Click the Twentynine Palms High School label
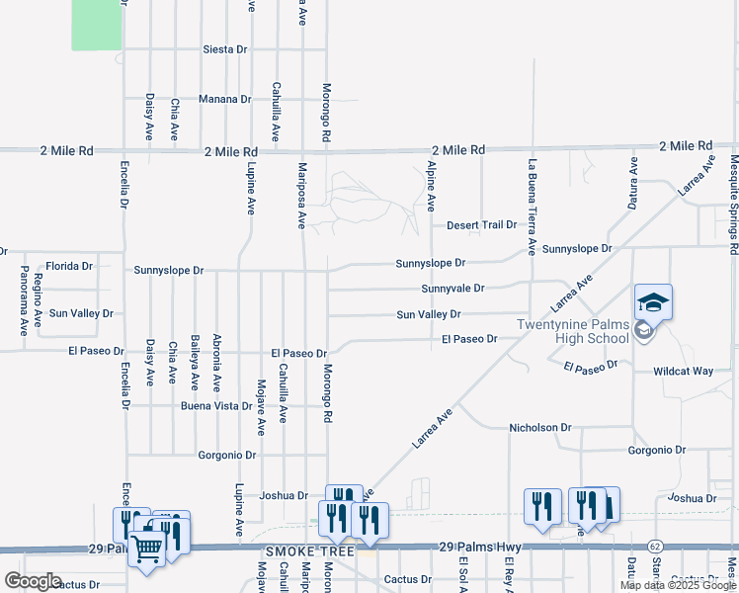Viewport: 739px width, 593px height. (x=573, y=332)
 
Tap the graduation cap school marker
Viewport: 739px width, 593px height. (x=653, y=301)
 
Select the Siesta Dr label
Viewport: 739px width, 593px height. (x=224, y=49)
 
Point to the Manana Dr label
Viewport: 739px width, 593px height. (x=224, y=100)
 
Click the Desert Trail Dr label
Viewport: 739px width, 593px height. (x=481, y=225)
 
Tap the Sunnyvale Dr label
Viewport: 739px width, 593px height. (x=452, y=289)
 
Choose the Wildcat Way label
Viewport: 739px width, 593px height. (x=683, y=372)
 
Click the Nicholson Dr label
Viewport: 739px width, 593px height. (x=540, y=428)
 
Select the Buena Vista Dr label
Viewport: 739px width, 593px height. (x=216, y=406)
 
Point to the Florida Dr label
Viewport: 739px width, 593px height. (x=69, y=267)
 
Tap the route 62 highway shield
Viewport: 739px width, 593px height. (x=654, y=547)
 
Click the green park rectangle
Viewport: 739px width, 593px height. (x=96, y=24)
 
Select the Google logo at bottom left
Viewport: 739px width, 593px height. (x=34, y=581)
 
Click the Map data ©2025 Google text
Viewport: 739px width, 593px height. (x=678, y=585)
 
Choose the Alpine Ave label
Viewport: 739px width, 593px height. (x=431, y=187)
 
